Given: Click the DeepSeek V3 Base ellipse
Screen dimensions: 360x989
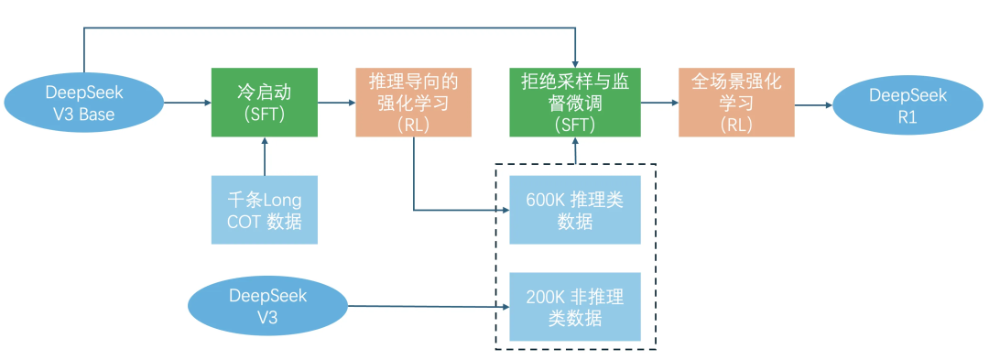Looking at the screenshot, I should (x=83, y=102).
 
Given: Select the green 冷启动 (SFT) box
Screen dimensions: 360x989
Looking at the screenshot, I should (x=265, y=103).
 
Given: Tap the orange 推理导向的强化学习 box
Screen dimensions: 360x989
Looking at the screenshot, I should (x=413, y=103).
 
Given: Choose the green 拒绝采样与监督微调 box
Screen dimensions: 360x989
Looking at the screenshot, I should (x=574, y=103).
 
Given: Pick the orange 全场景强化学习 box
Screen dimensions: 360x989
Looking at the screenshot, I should (x=736, y=103).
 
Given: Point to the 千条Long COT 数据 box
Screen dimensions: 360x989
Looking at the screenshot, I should (x=265, y=210).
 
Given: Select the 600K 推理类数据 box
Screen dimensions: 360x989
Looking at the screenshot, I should (x=574, y=210).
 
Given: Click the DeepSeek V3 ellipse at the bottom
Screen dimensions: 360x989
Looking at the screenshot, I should (x=267, y=307).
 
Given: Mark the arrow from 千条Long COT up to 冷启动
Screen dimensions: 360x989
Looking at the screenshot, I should (x=265, y=156).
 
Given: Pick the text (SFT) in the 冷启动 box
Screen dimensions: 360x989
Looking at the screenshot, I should (x=265, y=115).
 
